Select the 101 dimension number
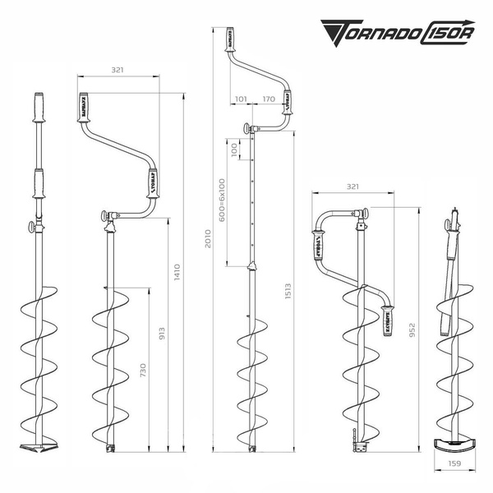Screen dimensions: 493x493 240,99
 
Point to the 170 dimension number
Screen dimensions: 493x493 268,99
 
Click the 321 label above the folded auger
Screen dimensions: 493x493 352,187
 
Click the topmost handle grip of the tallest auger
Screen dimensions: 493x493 229,41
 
